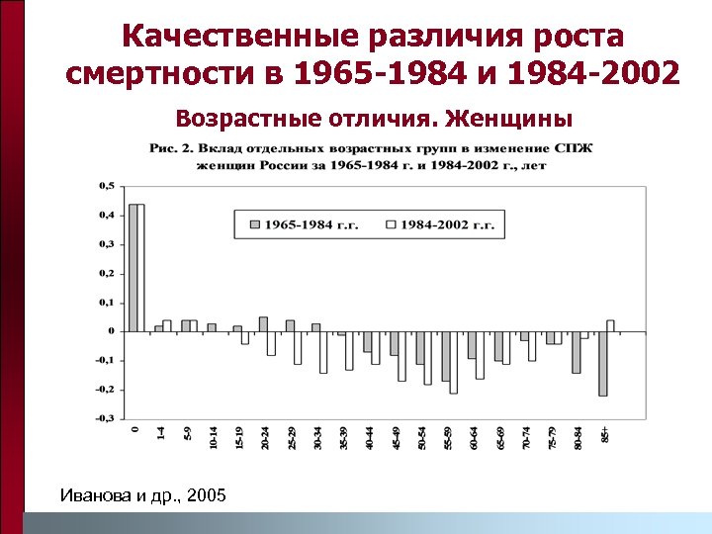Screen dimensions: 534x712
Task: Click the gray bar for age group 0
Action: (x=133, y=267)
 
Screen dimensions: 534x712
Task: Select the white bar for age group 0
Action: (x=140, y=267)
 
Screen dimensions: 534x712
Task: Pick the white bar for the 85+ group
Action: (x=610, y=325)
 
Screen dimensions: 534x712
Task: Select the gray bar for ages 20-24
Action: (x=263, y=323)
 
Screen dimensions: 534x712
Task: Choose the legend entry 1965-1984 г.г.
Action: (x=301, y=224)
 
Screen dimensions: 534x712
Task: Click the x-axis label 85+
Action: (x=606, y=434)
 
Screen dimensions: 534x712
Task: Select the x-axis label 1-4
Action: (x=162, y=434)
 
